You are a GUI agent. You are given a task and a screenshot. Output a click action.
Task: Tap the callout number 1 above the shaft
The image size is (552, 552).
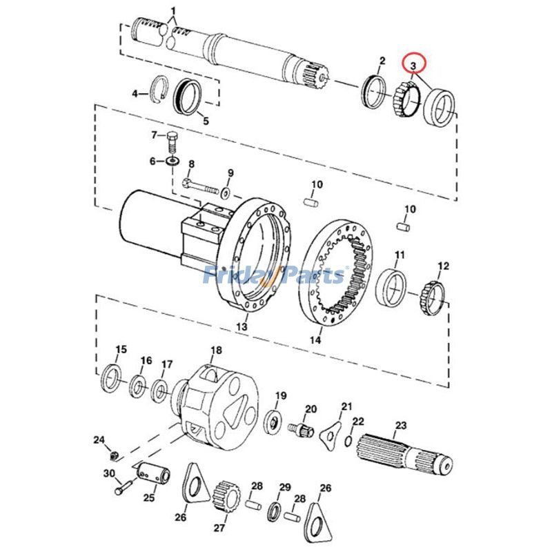173,10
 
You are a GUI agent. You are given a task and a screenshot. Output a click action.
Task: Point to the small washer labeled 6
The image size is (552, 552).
170,162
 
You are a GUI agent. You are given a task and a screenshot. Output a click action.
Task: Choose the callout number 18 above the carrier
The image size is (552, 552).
216,351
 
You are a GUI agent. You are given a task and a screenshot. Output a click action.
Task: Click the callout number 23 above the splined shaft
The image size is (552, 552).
400,426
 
